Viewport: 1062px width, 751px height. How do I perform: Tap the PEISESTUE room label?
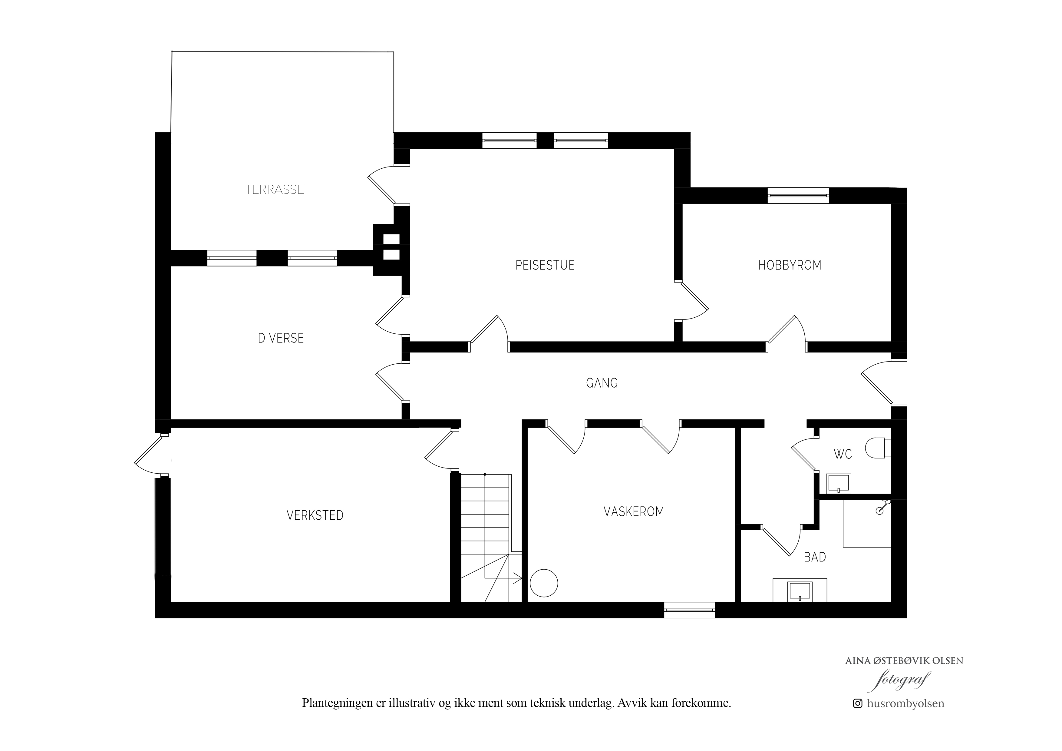(545, 265)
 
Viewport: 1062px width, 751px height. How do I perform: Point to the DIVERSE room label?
(281, 338)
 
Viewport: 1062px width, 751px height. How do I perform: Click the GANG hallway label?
(602, 383)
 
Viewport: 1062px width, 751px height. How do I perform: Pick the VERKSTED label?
(315, 515)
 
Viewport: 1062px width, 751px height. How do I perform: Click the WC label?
(843, 455)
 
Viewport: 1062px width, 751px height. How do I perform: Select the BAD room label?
(815, 557)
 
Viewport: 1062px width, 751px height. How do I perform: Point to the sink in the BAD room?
(800, 591)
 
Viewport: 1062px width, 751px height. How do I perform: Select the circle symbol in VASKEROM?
(544, 583)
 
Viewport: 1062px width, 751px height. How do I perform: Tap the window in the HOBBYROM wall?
(798, 195)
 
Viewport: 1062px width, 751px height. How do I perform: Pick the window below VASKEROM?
(689, 610)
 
